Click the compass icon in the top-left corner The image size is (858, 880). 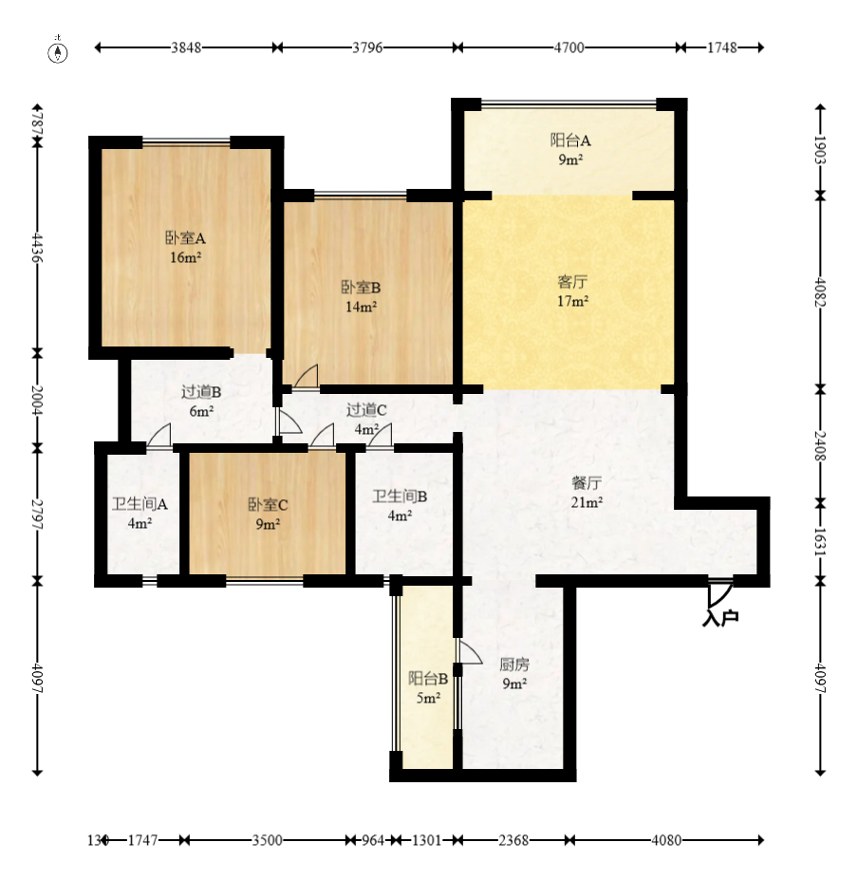coord(57,51)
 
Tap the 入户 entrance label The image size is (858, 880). coord(720,618)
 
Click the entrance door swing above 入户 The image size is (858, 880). coord(720,593)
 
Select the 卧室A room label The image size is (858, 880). coord(185,238)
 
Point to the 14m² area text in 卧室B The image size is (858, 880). coord(361,307)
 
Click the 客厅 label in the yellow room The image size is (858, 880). coord(572,281)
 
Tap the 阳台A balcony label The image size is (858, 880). coord(570,140)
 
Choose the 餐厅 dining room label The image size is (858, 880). coord(587,482)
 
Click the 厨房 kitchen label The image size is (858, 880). coord(514,665)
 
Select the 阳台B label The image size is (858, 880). coord(428,679)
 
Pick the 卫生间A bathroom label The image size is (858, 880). coord(140,504)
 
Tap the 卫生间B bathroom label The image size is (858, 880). coord(400,496)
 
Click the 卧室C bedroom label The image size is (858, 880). coord(268,504)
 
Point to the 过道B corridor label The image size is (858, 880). coord(201,392)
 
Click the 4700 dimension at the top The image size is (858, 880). coord(569,47)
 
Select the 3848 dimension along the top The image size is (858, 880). coord(186,47)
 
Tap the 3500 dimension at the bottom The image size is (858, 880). coord(267,840)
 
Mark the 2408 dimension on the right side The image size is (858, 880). coord(820,445)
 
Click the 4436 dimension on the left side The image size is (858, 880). coord(37,248)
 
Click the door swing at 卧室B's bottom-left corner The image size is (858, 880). coord(306,376)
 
